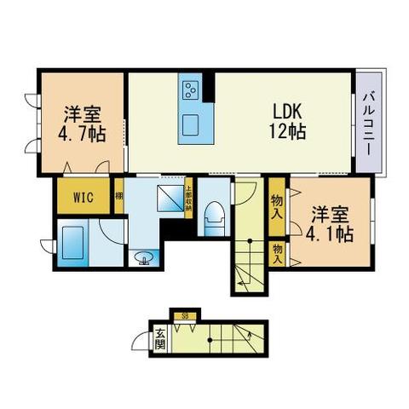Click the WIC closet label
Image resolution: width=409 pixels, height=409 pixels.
click(84, 198)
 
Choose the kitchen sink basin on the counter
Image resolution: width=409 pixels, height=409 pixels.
click(191, 124)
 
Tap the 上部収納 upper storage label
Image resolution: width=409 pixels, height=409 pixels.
click(188, 196)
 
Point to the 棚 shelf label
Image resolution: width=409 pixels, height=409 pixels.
click(119, 197)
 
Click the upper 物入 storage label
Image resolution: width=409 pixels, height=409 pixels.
click(277, 205)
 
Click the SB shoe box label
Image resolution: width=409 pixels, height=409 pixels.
click(186, 315)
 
